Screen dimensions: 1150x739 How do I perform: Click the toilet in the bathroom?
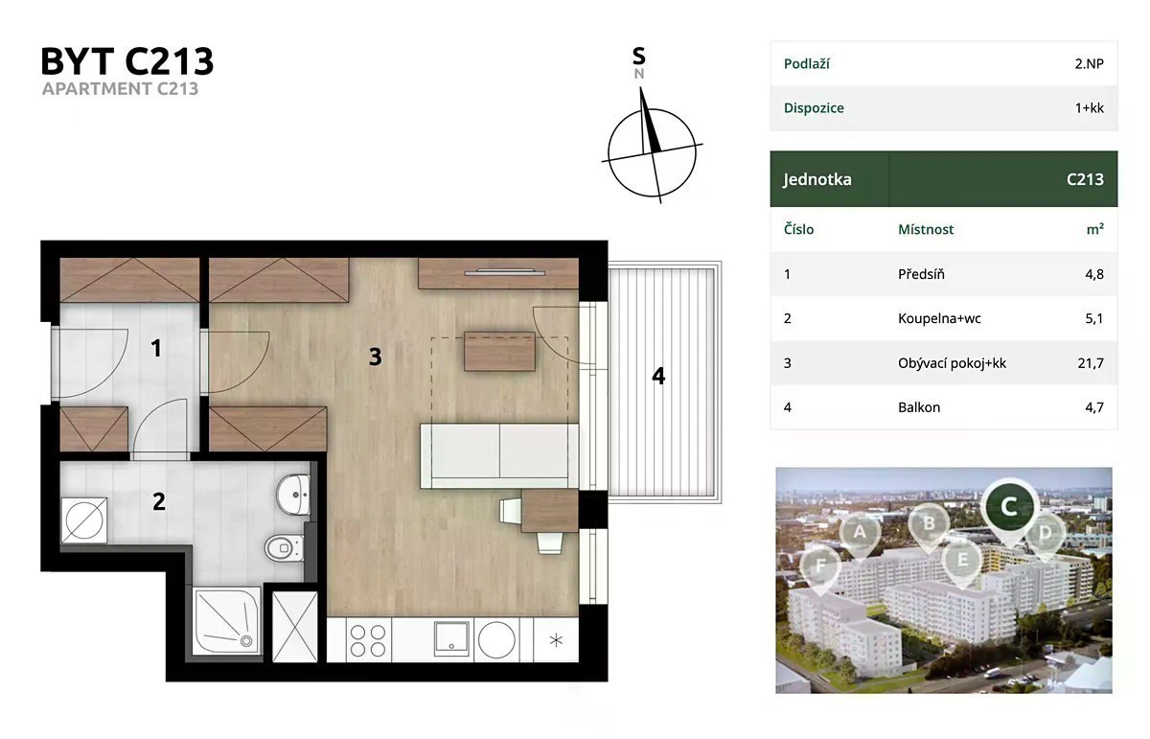coord(285,547)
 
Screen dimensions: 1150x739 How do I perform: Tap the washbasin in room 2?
coord(293,494)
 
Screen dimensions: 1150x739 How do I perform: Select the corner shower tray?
coord(226,621)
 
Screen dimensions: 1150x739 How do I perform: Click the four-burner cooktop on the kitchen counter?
coord(368,640)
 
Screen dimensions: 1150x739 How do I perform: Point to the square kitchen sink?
coord(451,639)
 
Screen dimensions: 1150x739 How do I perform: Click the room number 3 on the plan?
coord(376,357)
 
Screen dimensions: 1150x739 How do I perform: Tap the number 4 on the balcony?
coord(658,376)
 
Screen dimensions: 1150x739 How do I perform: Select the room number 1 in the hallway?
coord(156,348)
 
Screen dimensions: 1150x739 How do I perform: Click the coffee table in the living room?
coord(499,351)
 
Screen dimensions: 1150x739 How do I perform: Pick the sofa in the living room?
coord(499,455)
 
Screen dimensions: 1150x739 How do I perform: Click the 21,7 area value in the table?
coord(1091,363)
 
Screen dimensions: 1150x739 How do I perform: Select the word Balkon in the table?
coord(919,407)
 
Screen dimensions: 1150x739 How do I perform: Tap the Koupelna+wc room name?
coord(939,318)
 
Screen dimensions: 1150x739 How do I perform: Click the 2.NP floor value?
coord(1089,63)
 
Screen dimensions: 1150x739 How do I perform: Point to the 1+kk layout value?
coord(1090,108)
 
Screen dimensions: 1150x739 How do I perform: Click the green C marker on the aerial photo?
coord(1009,507)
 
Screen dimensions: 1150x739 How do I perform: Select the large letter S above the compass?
coord(638,56)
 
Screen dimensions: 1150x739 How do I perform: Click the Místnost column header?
coord(926,229)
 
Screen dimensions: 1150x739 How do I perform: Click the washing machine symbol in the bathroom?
coord(84,520)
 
